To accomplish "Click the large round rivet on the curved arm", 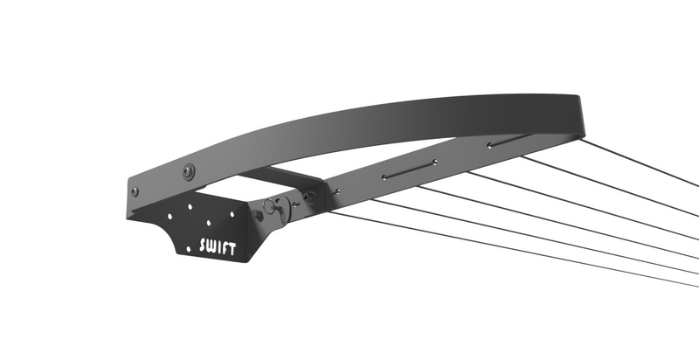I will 188,170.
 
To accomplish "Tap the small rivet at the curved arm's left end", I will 135,191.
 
